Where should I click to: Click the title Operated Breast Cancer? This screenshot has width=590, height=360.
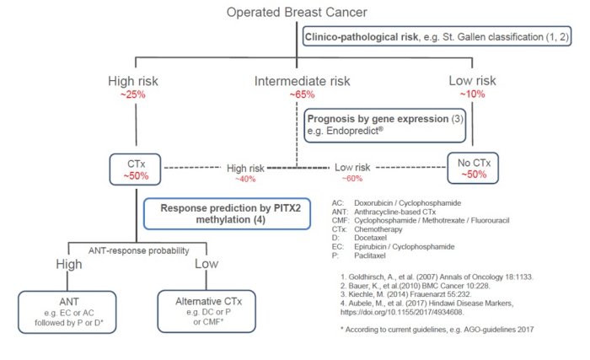point(295,12)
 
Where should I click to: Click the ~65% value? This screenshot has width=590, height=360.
point(302,94)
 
